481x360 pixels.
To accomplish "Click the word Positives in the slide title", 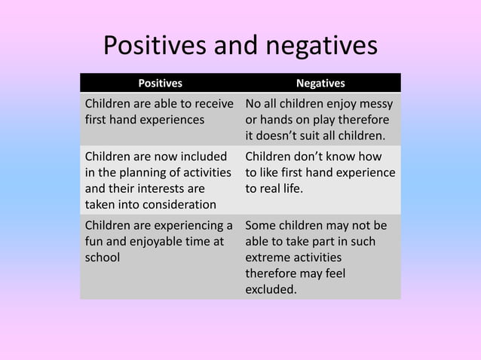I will tap(155, 47).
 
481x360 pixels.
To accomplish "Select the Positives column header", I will tap(160, 83).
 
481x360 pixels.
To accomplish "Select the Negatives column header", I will tap(320, 83).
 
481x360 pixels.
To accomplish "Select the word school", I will tap(103, 257).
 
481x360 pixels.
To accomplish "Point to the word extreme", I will tap(268, 257).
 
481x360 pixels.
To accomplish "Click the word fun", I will tap(95, 241).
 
